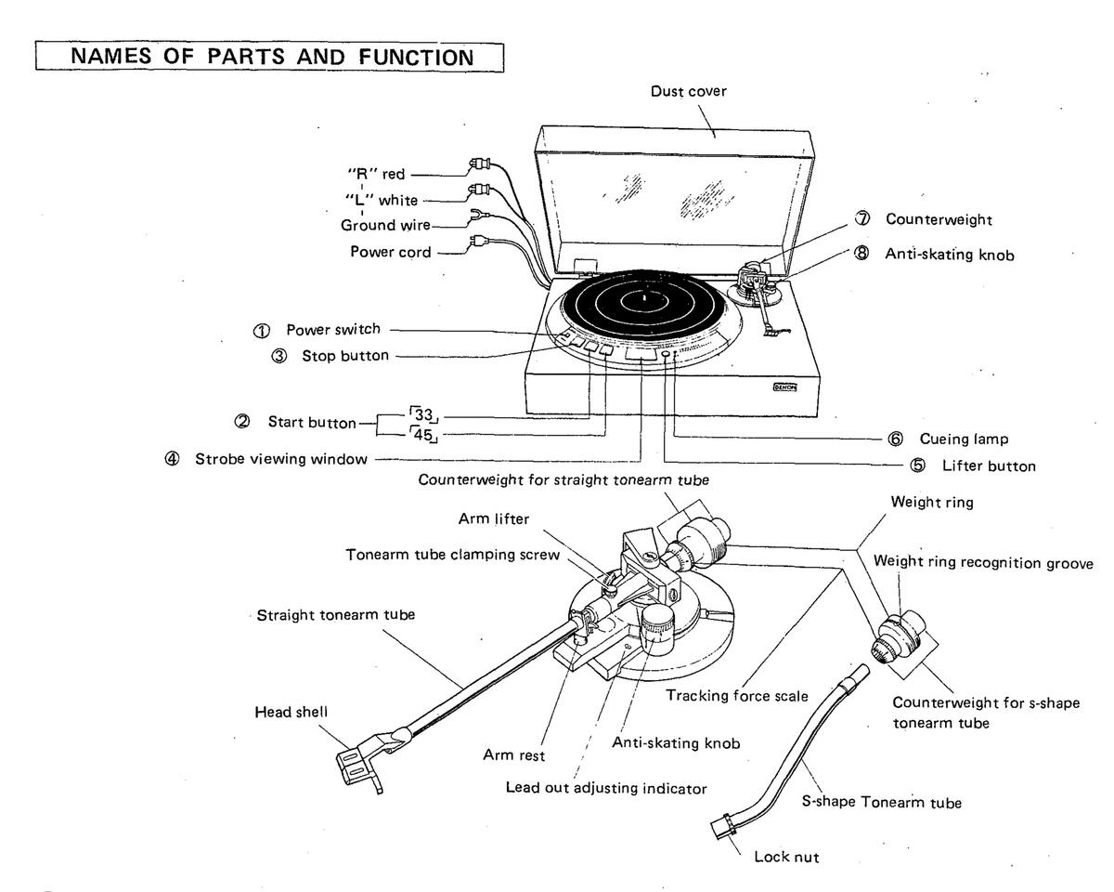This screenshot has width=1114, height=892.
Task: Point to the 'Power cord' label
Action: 390,251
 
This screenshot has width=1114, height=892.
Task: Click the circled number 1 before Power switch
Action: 263,331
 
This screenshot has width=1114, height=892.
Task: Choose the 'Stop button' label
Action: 344,356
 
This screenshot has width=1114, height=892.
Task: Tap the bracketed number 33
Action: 425,416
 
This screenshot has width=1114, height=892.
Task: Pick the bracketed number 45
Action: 425,434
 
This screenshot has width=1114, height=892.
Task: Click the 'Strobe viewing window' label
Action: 280,459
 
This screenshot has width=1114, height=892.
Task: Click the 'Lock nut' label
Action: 787,856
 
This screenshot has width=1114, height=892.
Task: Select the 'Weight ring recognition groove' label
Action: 983,562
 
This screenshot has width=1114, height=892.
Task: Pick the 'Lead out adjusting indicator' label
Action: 605,787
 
